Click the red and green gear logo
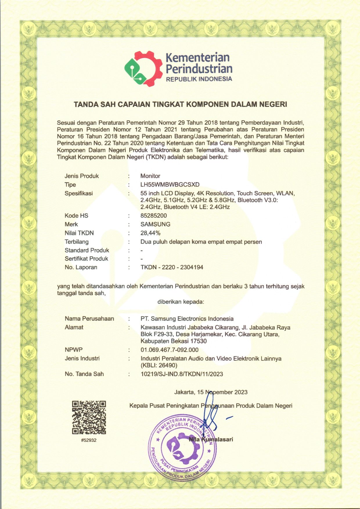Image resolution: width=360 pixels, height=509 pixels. click(143, 69)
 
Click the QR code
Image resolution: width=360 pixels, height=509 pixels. click(89, 417)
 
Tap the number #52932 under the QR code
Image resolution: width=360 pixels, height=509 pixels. click(89, 440)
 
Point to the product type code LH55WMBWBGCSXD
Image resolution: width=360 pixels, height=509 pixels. click(170, 185)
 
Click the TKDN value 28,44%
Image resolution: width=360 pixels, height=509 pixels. click(150, 233)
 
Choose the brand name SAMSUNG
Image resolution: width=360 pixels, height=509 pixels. click(155, 224)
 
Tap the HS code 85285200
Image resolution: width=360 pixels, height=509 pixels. click(154, 216)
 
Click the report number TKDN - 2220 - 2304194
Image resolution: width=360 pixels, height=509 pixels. click(172, 267)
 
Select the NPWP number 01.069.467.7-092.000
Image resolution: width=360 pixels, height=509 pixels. click(170, 350)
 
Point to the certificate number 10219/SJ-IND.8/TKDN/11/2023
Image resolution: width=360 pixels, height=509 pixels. click(182, 374)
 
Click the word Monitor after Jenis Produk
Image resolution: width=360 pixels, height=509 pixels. click(150, 176)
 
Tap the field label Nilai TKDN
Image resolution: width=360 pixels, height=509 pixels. click(79, 233)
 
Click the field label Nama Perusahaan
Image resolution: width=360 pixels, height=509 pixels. click(89, 319)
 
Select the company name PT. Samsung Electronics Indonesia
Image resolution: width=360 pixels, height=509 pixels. click(187, 319)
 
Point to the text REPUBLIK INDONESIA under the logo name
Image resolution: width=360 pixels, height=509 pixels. click(199, 79)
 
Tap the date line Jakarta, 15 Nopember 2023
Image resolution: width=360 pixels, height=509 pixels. click(211, 392)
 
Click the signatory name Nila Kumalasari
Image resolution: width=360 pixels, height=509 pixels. click(211, 439)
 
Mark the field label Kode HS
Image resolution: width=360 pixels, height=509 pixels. click(76, 216)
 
